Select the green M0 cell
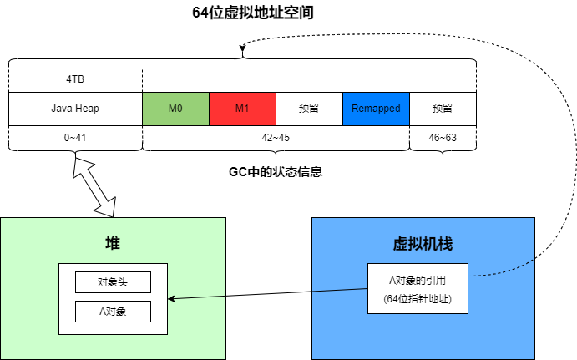pos(175,109)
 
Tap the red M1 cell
pos(242,109)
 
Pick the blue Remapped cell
pos(376,109)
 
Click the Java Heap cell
pos(75,109)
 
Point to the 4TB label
pos(75,80)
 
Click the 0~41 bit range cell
pos(75,136)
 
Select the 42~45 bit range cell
pos(276,136)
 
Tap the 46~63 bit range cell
pos(443,136)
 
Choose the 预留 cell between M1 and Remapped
pos(309,109)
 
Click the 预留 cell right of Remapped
pos(443,109)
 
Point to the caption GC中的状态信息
pos(276,172)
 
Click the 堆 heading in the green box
pos(112,242)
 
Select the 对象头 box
pos(113,281)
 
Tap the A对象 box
pos(113,312)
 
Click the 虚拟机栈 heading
pos(423,244)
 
